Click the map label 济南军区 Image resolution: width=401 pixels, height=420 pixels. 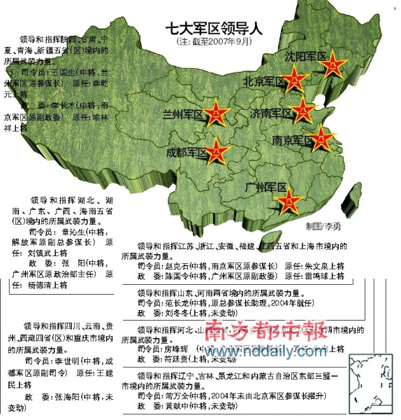click(271, 113)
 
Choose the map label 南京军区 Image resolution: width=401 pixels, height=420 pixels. click(293, 141)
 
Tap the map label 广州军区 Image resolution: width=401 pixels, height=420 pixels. click(266, 188)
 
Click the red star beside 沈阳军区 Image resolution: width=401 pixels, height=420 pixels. click(332, 64)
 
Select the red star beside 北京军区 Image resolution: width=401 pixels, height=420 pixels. click(295, 80)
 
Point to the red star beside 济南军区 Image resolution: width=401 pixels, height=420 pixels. click(302, 109)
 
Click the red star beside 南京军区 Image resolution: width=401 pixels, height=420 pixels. click(321, 138)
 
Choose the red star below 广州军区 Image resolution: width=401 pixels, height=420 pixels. click(289, 202)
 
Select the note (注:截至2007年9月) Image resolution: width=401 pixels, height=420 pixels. click(211, 43)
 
